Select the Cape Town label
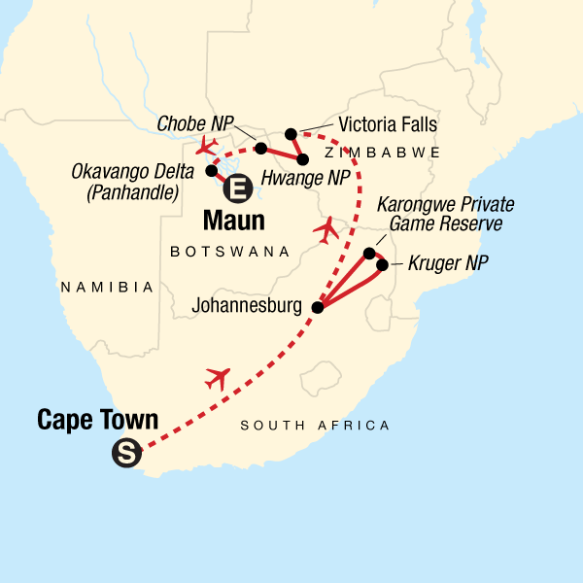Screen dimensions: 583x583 [x=97, y=420]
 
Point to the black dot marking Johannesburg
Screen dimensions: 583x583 [x=317, y=307]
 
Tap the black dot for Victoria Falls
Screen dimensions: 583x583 [x=290, y=134]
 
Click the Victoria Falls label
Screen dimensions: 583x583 [x=388, y=125]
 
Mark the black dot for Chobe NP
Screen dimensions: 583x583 [x=260, y=149]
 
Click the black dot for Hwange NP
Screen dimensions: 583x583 [x=302, y=158]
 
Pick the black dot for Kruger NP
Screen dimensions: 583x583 [x=383, y=265]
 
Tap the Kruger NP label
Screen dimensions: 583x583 [x=446, y=264]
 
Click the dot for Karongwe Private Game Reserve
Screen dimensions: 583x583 [x=369, y=254]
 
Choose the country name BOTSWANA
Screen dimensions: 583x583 [x=230, y=252]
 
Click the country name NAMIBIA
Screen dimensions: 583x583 [x=107, y=287]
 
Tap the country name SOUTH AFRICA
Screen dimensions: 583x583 [x=315, y=426]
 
